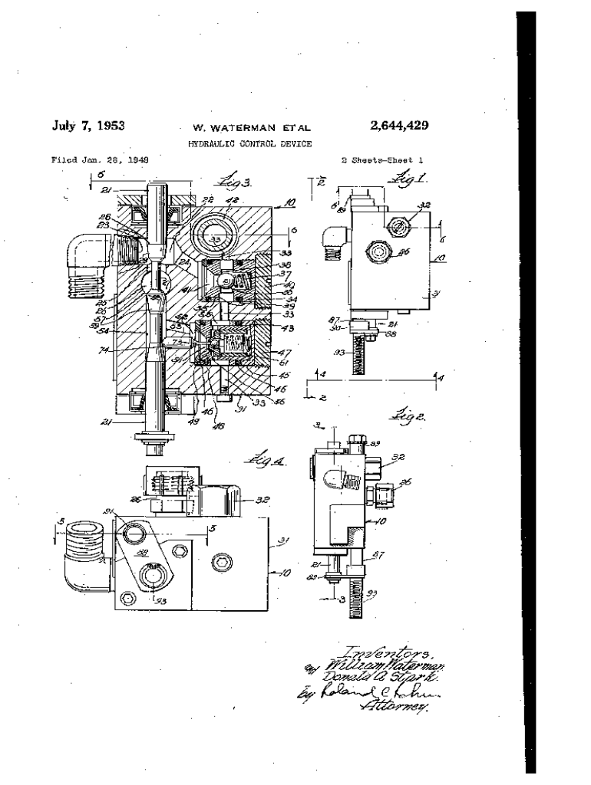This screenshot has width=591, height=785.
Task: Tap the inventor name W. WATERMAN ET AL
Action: coord(246,128)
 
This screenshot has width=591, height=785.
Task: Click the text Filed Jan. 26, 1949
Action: coord(99,160)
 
